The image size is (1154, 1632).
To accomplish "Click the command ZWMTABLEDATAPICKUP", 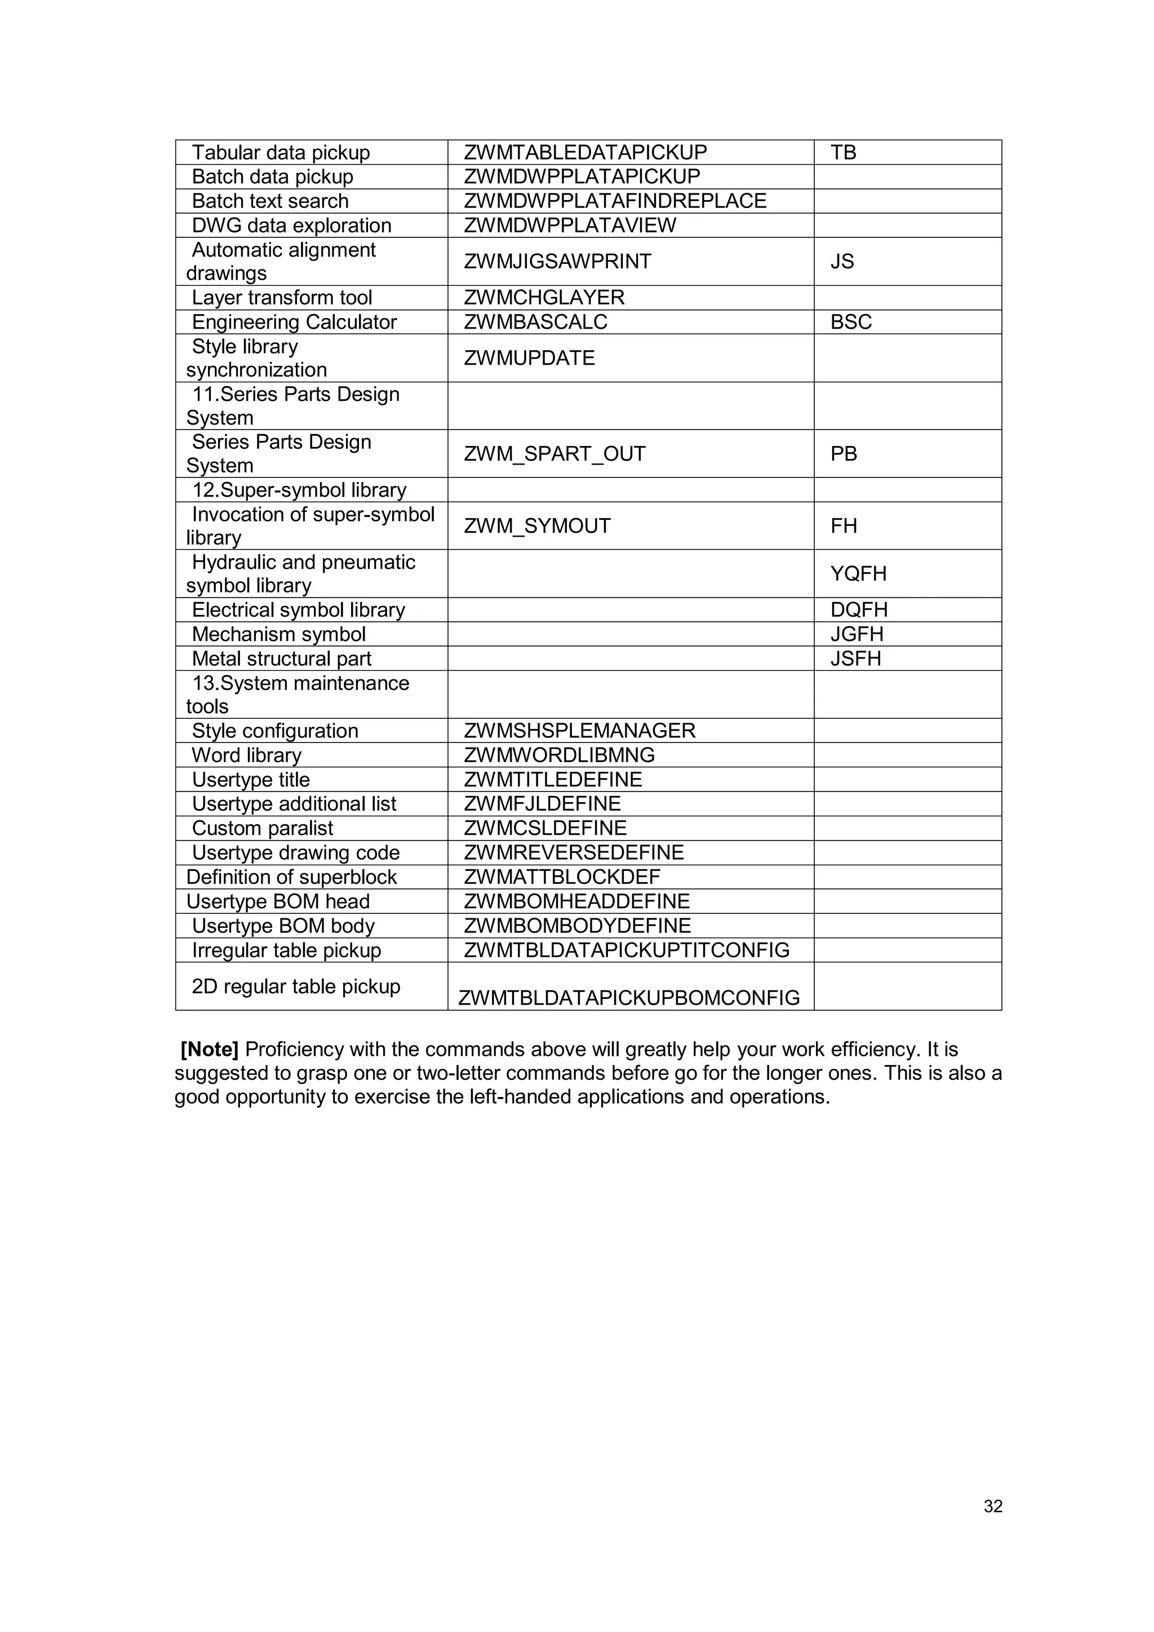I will [585, 152].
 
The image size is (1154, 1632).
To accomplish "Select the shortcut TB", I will [843, 152].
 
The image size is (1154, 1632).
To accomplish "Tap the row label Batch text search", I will [270, 201].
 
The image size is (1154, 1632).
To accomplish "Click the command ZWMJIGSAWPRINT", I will [557, 262].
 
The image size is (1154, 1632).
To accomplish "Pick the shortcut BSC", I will [851, 322].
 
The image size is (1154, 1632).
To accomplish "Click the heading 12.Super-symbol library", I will [299, 490].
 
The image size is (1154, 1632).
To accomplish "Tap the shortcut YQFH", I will [858, 574].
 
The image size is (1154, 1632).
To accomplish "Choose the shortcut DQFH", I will [858, 610].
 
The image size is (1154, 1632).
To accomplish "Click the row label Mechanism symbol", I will [278, 634].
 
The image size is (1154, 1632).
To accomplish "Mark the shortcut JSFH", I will [855, 659].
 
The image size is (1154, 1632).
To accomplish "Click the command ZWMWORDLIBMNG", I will [559, 755].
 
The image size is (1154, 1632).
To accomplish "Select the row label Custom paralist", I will [262, 828].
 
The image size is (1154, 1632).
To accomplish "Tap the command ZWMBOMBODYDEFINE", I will [577, 926].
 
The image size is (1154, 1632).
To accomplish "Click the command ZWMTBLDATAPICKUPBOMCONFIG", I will [628, 998].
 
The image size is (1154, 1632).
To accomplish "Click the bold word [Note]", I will [210, 1049].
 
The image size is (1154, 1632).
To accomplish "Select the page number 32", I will [993, 1506].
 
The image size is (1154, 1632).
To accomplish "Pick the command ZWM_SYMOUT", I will [536, 526].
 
